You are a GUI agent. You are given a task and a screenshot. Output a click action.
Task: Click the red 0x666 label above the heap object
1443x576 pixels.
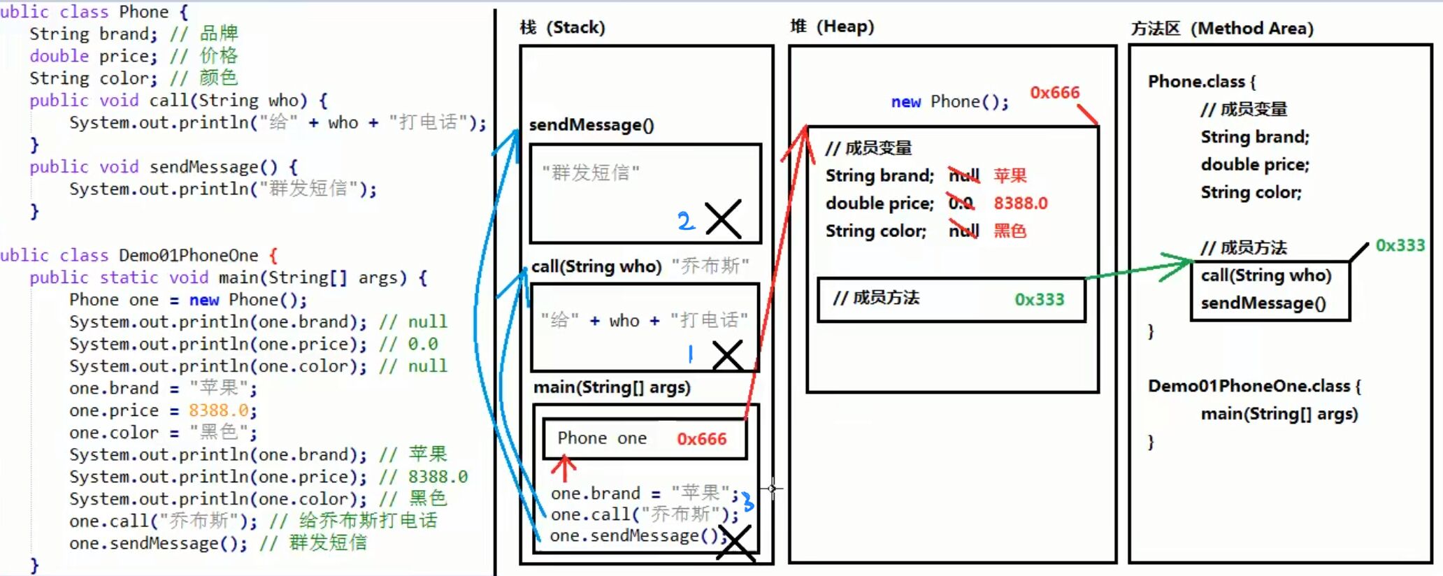(x=1054, y=92)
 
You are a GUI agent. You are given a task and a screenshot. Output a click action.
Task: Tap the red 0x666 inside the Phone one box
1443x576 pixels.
(x=701, y=439)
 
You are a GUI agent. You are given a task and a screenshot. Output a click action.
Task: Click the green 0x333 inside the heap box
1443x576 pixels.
(x=1039, y=299)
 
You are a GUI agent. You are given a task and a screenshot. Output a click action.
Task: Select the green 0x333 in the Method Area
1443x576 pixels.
(x=1400, y=245)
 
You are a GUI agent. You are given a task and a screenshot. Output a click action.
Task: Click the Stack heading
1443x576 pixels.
(x=563, y=27)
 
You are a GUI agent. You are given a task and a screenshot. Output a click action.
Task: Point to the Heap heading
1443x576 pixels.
(x=832, y=27)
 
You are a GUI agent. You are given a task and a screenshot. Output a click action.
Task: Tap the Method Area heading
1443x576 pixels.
(x=1222, y=29)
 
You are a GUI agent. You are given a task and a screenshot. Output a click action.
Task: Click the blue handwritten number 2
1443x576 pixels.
(x=685, y=221)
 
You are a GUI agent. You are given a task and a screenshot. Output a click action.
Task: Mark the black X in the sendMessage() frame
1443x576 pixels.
(x=724, y=219)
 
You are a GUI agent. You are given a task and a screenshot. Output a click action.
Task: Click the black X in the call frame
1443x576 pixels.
(x=727, y=355)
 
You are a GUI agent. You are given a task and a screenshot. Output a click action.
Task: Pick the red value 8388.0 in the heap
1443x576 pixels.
(x=1020, y=203)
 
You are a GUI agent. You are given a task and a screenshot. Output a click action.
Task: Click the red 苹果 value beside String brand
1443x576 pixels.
(x=1010, y=175)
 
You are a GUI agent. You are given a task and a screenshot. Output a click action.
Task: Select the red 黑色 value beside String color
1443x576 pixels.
(x=1010, y=231)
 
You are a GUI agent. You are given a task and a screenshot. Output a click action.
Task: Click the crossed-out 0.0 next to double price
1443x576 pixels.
(x=961, y=203)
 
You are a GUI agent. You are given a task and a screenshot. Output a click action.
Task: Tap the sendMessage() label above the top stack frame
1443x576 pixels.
(x=591, y=125)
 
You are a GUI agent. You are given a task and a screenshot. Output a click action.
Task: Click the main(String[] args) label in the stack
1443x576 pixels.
(x=612, y=387)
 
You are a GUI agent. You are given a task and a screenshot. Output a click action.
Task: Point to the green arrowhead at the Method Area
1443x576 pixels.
(x=1182, y=265)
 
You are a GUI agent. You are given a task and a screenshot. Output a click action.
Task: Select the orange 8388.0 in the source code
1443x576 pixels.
(x=218, y=410)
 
